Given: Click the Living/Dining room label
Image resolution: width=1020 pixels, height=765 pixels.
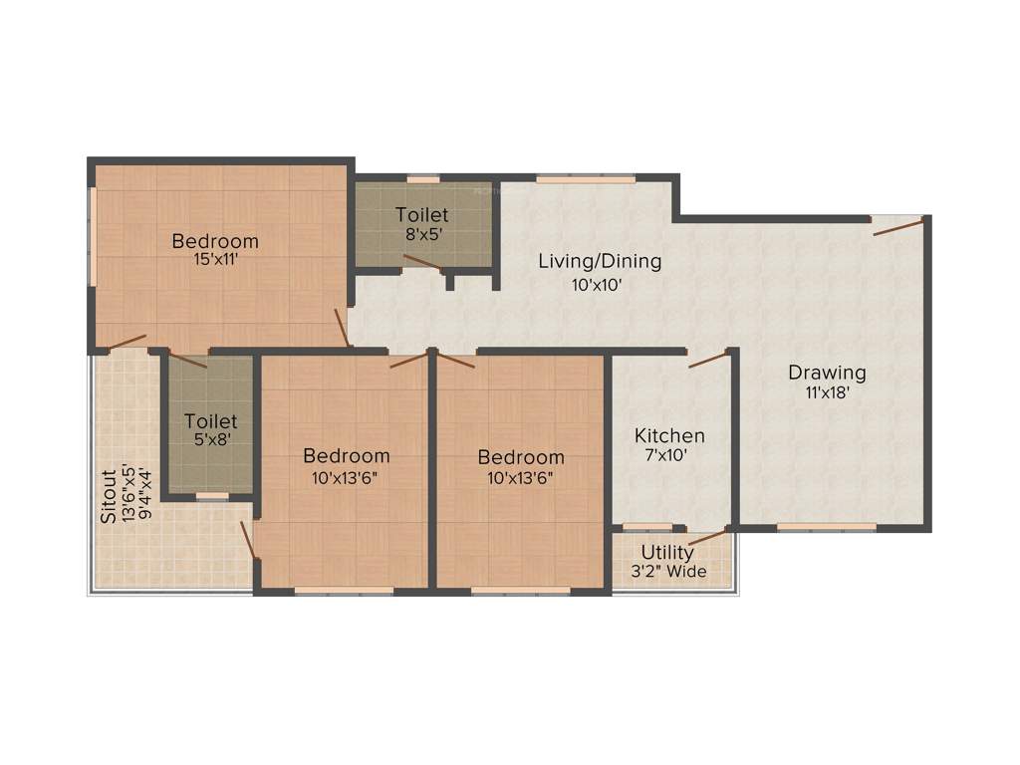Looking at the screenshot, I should coord(600,262).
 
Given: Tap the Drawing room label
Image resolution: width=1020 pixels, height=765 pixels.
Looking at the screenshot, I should coord(827,373).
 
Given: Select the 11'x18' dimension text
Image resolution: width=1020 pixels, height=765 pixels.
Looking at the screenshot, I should coord(827,392).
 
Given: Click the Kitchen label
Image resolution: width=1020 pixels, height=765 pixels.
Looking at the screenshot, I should coord(669,436).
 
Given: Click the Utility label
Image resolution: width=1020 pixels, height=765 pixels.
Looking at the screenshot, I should coord(668,552).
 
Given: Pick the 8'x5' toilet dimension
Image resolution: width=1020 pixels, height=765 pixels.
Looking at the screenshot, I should coord(421,234).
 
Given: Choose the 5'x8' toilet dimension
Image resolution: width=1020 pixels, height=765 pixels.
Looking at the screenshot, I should coord(211,440).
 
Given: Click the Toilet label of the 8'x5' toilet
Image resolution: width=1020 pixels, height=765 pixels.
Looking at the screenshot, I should coord(421,215).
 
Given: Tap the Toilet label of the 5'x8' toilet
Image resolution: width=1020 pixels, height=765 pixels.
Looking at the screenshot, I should coord(211,421).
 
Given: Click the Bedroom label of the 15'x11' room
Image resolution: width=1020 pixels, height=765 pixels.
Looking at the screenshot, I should coord(215,241).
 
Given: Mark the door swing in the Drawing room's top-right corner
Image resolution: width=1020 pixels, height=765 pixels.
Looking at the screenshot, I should coord(897,226).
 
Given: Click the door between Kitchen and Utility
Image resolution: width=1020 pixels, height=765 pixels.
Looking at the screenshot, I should coord(707,539).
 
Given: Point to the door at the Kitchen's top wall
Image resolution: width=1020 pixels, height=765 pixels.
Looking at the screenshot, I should coord(709,360).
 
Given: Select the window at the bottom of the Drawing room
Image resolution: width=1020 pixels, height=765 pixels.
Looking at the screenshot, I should coord(826,527).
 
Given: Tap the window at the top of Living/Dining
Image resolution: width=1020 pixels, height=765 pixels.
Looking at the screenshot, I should coord(585,179).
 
